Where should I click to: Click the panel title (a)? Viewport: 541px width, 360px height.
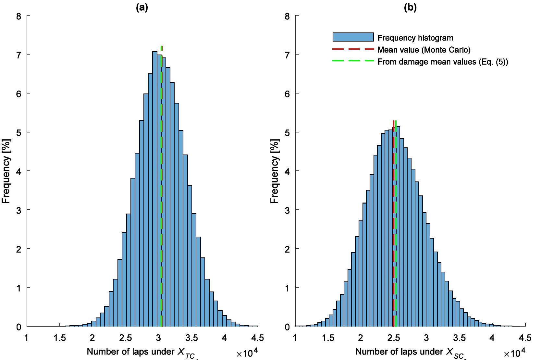pyautogui.click(x=142, y=8)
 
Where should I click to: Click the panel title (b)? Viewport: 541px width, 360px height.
pyautogui.click(x=410, y=8)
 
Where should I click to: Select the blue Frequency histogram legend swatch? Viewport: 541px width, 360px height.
pyautogui.click(x=353, y=37)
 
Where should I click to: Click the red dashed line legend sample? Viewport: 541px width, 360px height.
pyautogui.click(x=353, y=50)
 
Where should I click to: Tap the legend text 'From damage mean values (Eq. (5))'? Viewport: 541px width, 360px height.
pyautogui.click(x=443, y=62)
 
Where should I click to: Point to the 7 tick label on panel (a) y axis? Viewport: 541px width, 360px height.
pyautogui.click(x=19, y=54)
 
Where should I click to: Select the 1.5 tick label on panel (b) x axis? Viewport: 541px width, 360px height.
pyautogui.click(x=328, y=338)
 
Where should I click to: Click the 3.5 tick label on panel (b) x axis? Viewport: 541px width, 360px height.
pyautogui.click(x=460, y=338)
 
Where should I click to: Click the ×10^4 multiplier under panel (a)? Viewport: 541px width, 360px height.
pyautogui.click(x=247, y=353)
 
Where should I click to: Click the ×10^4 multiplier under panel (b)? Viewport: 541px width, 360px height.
pyautogui.click(x=515, y=353)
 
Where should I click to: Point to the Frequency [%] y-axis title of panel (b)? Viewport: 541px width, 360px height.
pyautogui.click(x=274, y=171)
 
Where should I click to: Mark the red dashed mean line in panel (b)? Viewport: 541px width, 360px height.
pyautogui.click(x=393, y=227)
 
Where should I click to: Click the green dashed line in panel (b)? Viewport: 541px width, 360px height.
pyautogui.click(x=396, y=227)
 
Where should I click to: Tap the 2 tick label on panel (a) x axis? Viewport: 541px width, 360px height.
pyautogui.click(x=92, y=338)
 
